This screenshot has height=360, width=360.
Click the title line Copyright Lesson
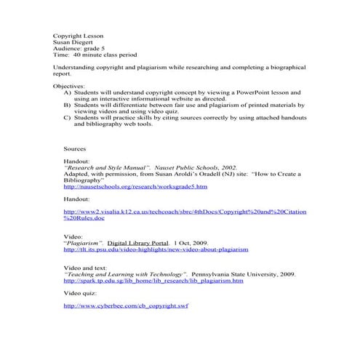[79, 35]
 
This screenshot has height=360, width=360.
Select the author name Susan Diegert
[74, 41]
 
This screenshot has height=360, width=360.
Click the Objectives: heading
[69, 86]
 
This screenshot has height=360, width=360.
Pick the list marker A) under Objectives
[68, 93]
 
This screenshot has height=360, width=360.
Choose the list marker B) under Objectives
[68, 105]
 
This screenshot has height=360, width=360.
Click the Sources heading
[75, 148]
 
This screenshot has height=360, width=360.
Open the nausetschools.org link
[125, 187]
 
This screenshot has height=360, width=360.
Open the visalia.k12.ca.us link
[185, 212]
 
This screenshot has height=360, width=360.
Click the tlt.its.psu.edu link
[156, 249]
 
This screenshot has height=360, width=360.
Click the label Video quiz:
[81, 292]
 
